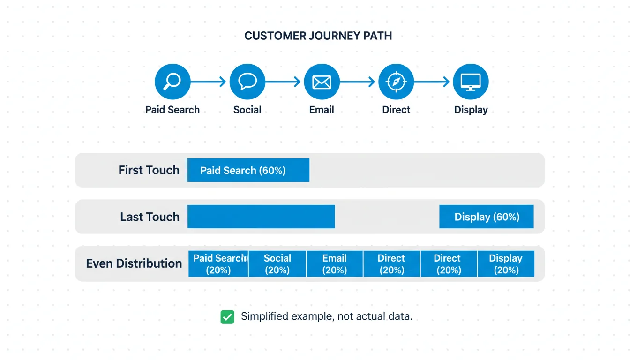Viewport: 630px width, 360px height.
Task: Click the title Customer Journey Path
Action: click(318, 36)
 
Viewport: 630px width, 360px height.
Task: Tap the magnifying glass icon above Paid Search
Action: click(172, 82)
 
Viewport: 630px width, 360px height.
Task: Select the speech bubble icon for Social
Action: click(247, 82)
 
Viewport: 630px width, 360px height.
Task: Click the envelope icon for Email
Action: click(322, 82)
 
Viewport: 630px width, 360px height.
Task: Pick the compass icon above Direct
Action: click(396, 82)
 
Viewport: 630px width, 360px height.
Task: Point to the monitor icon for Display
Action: click(471, 82)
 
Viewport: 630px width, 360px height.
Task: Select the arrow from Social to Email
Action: click(284, 82)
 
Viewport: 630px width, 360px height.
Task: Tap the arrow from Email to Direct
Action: click(358, 82)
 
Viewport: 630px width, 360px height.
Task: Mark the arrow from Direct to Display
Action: click(433, 82)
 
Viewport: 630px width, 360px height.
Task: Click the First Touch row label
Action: click(149, 170)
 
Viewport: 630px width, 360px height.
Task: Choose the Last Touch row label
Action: click(150, 217)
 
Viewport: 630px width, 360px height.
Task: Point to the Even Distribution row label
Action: click(134, 263)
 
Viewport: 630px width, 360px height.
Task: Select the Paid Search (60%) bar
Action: click(248, 170)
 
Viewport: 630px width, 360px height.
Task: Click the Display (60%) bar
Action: click(486, 217)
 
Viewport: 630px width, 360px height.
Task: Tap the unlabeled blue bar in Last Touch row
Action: click(261, 217)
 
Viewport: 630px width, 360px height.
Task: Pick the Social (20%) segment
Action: click(277, 264)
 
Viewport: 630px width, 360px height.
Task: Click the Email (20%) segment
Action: click(334, 264)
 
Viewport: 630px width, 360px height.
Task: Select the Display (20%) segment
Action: click(505, 264)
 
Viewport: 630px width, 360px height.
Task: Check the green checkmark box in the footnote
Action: click(227, 317)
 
